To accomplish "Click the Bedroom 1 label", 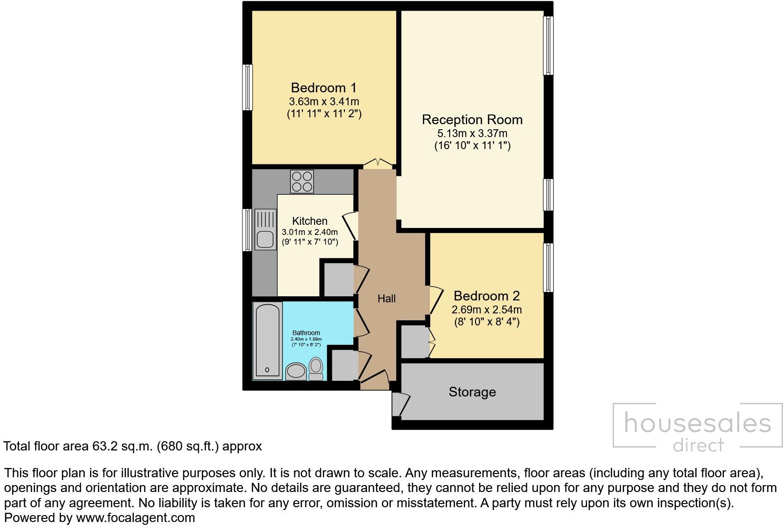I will [x=324, y=88].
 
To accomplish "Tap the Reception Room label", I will [x=472, y=120].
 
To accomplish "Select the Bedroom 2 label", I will [x=487, y=296].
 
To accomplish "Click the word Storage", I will [x=472, y=392].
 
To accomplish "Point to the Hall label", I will [x=386, y=299].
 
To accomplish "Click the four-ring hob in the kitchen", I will [x=302, y=181].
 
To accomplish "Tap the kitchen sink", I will [x=265, y=229].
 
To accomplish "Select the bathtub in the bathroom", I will [x=267, y=341].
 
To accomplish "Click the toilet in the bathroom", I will [x=316, y=368].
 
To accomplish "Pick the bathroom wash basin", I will [x=295, y=371].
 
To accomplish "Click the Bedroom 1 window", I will [x=248, y=87].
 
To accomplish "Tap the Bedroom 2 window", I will [x=548, y=267].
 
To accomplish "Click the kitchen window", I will [x=248, y=230].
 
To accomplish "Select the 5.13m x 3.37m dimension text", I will [x=472, y=134].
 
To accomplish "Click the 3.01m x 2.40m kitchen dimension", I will [x=310, y=232].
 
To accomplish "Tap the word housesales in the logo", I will [x=697, y=424].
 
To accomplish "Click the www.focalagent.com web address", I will [x=135, y=518].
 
